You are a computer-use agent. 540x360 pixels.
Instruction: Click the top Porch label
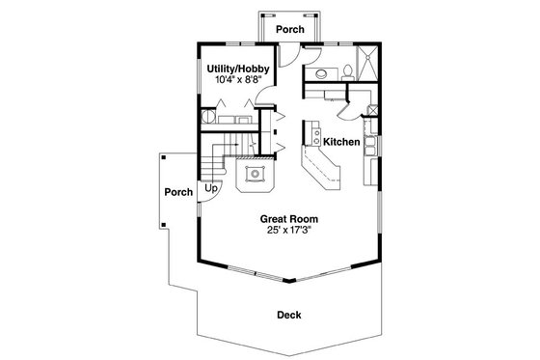click(289, 30)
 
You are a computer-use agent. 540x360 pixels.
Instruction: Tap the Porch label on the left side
click(178, 191)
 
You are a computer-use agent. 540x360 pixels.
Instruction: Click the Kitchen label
click(341, 143)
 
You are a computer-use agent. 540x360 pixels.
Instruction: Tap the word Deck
click(288, 315)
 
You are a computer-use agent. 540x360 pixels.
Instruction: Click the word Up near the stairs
click(210, 188)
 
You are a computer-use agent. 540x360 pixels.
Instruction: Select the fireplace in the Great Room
click(256, 175)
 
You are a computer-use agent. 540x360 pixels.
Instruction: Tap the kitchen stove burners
click(370, 151)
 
